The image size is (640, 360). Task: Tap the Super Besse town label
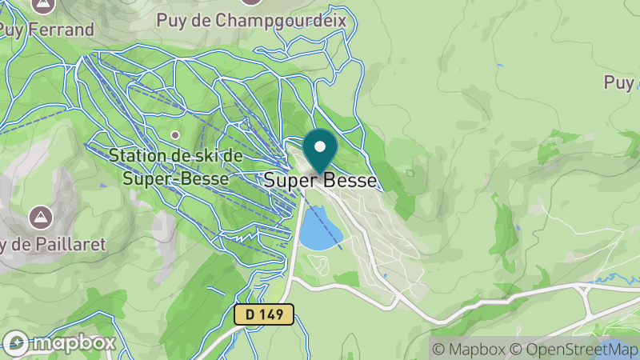coord(321,182)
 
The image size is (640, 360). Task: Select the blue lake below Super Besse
coord(321,228)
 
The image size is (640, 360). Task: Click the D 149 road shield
coord(265,314)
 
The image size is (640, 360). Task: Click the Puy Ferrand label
coord(46,30)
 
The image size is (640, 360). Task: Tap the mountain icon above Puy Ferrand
coord(39,4)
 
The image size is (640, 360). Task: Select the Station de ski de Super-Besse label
coord(176,166)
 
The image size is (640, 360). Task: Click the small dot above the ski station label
coord(175,134)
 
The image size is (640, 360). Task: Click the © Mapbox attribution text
coord(470,349)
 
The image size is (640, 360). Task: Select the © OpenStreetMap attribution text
coord(574,349)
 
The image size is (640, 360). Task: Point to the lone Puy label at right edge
coord(620,82)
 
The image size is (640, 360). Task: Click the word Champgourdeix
coord(294,19)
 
